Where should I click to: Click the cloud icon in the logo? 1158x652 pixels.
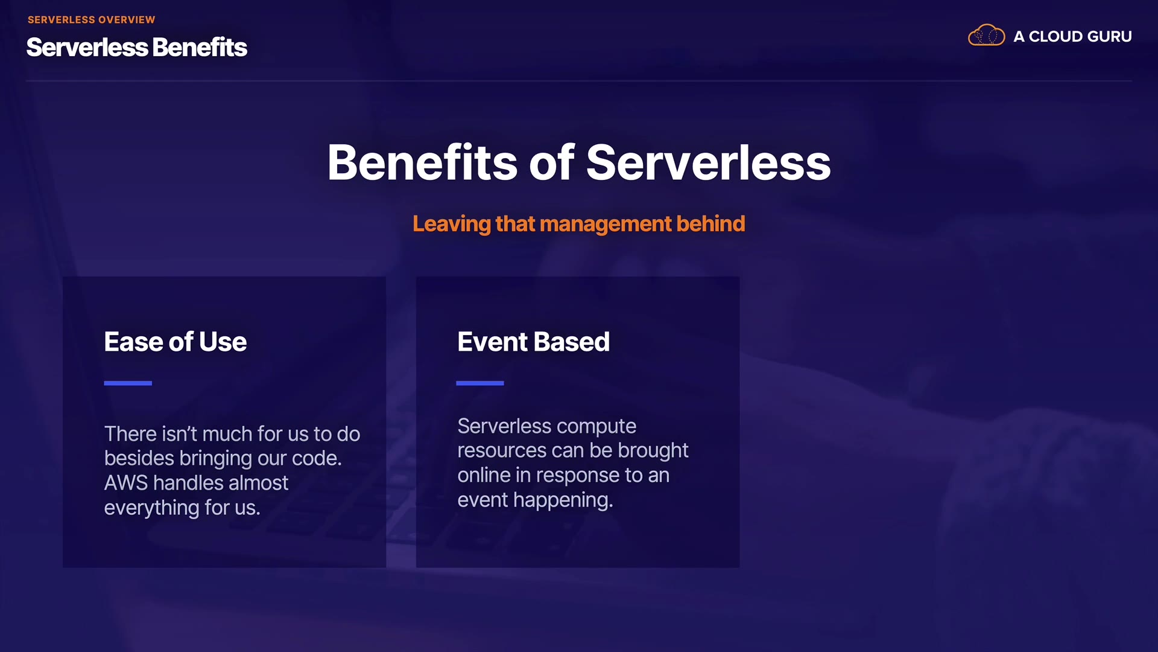click(x=986, y=36)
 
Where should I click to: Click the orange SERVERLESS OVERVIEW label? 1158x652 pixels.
click(x=91, y=20)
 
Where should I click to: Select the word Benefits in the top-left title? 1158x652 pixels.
click(x=200, y=47)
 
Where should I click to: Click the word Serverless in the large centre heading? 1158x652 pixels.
click(x=708, y=162)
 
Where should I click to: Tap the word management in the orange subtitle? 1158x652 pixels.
click(x=606, y=225)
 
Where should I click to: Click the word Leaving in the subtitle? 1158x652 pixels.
click(x=452, y=225)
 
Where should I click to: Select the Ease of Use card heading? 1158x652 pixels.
click(x=176, y=342)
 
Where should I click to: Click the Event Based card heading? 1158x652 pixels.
click(x=534, y=342)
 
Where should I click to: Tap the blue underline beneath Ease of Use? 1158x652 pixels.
click(x=128, y=383)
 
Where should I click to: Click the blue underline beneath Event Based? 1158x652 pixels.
click(x=480, y=383)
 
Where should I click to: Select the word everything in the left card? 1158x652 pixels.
click(x=151, y=508)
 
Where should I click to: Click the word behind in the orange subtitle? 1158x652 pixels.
click(x=711, y=224)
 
